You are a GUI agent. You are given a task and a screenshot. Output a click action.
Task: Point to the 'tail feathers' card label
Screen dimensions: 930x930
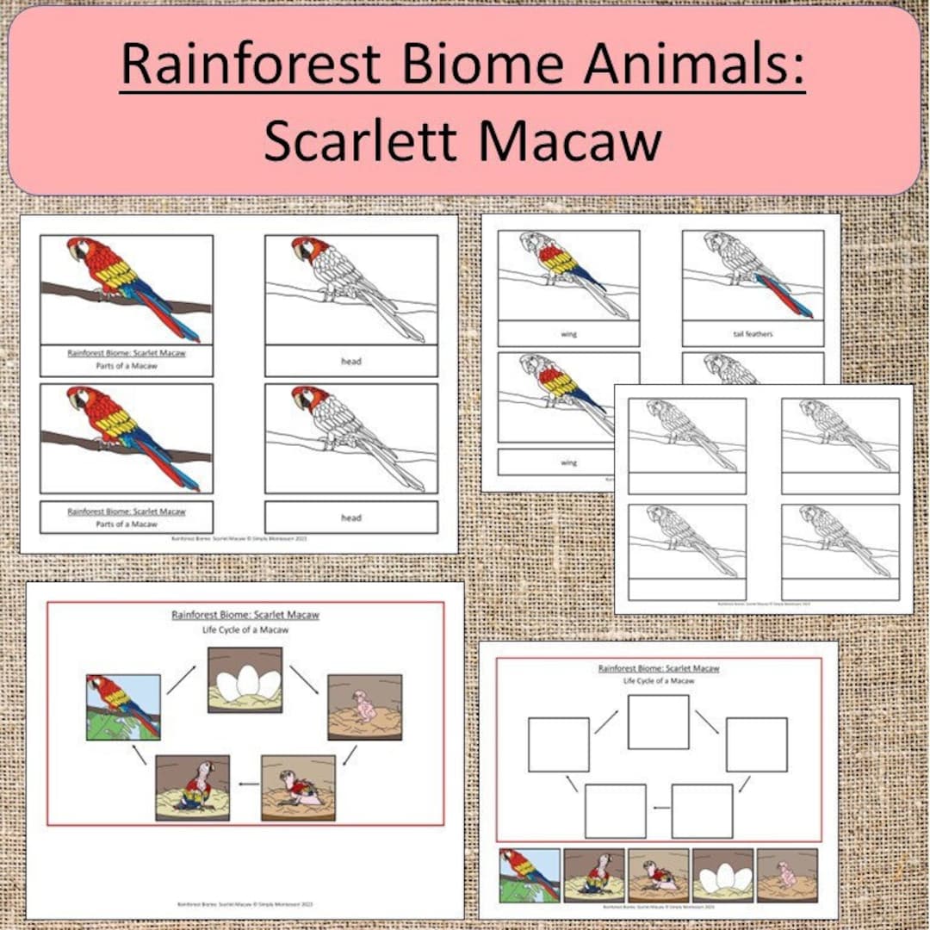pos(753,333)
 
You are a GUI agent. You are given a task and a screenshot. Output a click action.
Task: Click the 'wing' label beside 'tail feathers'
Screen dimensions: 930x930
pos(568,333)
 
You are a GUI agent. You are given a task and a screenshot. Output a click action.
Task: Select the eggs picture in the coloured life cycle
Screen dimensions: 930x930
pos(245,679)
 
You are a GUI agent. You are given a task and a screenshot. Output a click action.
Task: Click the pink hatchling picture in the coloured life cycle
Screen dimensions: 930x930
pos(364,707)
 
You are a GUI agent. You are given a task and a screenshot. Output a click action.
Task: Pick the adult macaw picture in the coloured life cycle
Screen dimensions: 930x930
pos(123,707)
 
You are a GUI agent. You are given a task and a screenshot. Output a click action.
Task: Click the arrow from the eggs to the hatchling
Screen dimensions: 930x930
pos(303,679)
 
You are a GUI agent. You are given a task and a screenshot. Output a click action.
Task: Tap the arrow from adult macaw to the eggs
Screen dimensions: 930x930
pos(180,679)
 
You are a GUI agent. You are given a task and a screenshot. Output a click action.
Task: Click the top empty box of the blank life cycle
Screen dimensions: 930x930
pos(658,722)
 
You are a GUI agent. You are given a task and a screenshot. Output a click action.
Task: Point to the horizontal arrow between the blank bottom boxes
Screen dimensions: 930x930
pos(659,808)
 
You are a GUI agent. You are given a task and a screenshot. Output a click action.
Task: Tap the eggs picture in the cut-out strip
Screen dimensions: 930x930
pos(722,876)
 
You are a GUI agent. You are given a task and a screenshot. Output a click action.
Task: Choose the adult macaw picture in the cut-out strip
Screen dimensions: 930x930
pos(530,876)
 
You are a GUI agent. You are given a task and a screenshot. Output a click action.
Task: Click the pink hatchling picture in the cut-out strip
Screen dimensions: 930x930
pos(787,876)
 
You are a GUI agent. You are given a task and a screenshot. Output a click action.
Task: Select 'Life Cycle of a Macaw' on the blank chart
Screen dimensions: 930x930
pos(659,680)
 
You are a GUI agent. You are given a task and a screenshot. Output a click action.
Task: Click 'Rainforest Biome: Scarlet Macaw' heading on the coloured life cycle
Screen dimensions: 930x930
pos(245,615)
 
